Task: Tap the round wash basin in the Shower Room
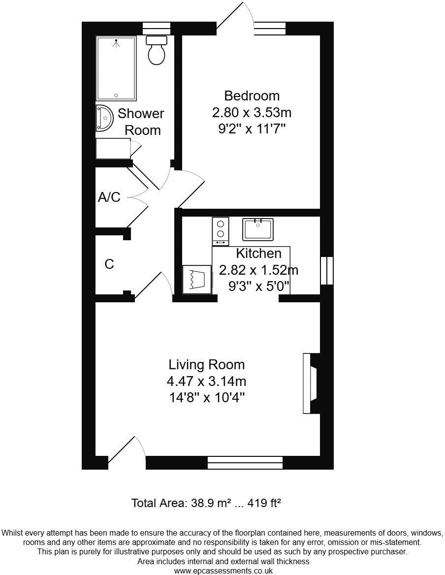pyautogui.click(x=104, y=118)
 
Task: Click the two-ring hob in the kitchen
pyautogui.click(x=220, y=231)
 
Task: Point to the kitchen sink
pyautogui.click(x=257, y=229)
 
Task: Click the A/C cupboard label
pyautogui.click(x=109, y=197)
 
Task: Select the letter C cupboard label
pyautogui.click(x=109, y=264)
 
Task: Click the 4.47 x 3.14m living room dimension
pyautogui.click(x=206, y=381)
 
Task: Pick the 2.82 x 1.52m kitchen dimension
pyautogui.click(x=258, y=270)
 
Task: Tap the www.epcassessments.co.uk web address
pyautogui.click(x=223, y=571)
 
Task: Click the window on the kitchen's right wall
pyautogui.click(x=326, y=271)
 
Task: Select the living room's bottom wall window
pyautogui.click(x=245, y=462)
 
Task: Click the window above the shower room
pyautogui.click(x=153, y=29)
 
